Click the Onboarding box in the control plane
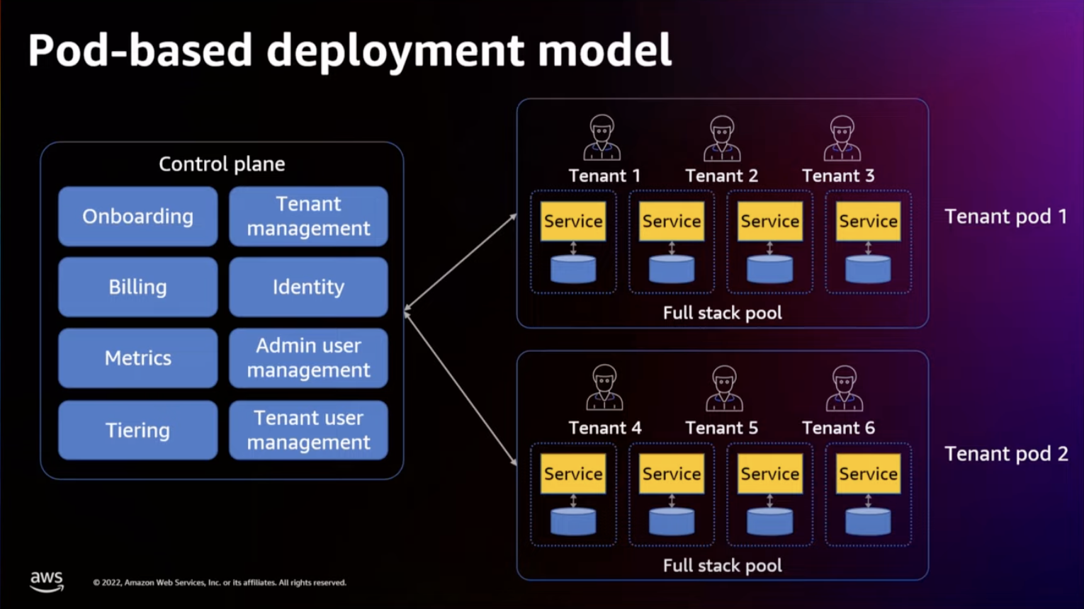pyautogui.click(x=137, y=216)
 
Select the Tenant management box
pyautogui.click(x=308, y=216)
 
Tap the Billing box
pyautogui.click(x=137, y=287)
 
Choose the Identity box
pyautogui.click(x=308, y=287)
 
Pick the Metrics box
pyautogui.click(x=137, y=358)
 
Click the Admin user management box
pyautogui.click(x=308, y=358)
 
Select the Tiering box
pyautogui.click(x=137, y=430)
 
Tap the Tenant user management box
pyautogui.click(x=308, y=430)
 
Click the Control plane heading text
pyautogui.click(x=222, y=164)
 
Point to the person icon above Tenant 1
pyautogui.click(x=602, y=137)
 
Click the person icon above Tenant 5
pyautogui.click(x=724, y=388)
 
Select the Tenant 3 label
pyautogui.click(x=838, y=176)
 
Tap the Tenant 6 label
pyautogui.click(x=838, y=428)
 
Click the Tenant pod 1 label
pyautogui.click(x=1005, y=217)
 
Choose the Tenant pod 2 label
pyautogui.click(x=1005, y=454)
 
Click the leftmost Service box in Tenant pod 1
pyautogui.click(x=573, y=222)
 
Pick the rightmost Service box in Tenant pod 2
pyautogui.click(x=868, y=474)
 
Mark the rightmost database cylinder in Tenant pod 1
pyautogui.click(x=868, y=269)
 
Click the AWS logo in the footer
pyautogui.click(x=47, y=581)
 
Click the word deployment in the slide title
pyautogui.click(x=395, y=51)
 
